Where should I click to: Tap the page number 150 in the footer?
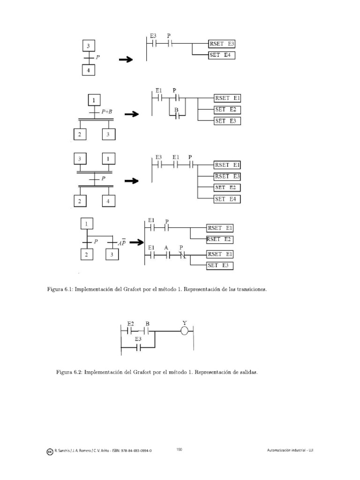(179, 450)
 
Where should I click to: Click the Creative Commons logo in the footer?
(50, 451)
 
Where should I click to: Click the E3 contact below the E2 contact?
(138, 348)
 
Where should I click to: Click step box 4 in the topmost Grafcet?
(89, 70)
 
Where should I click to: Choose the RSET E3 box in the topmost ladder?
(222, 44)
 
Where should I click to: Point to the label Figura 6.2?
(68, 373)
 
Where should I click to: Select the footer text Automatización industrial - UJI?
(290, 450)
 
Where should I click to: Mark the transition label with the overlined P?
(121, 243)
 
